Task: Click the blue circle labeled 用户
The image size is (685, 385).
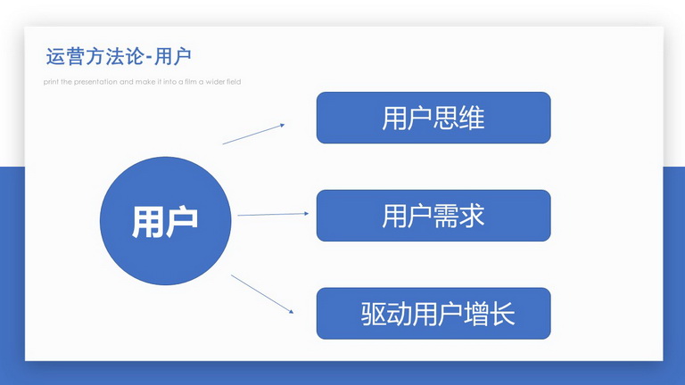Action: [x=166, y=221]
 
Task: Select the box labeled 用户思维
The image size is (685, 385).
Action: [x=433, y=118]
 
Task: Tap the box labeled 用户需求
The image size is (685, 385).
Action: [x=433, y=215]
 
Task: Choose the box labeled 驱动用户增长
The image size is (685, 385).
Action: [x=433, y=313]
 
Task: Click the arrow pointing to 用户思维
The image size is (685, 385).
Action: [x=253, y=134]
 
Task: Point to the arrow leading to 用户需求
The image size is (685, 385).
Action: [x=273, y=214]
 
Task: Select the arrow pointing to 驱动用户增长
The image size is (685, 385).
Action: [x=262, y=294]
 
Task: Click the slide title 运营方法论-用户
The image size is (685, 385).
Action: [x=119, y=56]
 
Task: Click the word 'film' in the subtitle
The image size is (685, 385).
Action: [x=191, y=82]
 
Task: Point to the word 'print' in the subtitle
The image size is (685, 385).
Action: [x=51, y=82]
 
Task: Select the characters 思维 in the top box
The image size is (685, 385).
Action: [x=459, y=118]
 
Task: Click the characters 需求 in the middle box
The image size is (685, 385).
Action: [x=459, y=216]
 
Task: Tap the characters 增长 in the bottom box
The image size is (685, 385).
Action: [x=490, y=314]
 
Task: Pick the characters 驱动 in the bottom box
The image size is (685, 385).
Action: [x=386, y=314]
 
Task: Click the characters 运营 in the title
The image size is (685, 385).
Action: [x=64, y=56]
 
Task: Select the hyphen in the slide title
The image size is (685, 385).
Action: [x=149, y=58]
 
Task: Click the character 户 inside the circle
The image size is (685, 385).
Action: [x=182, y=222]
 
